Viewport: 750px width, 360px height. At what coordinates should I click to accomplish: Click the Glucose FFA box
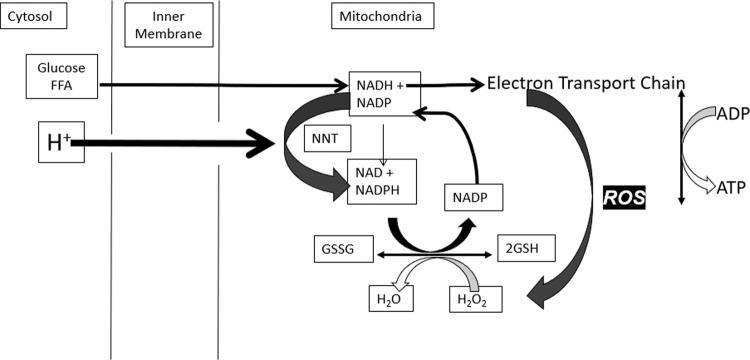pyautogui.click(x=60, y=77)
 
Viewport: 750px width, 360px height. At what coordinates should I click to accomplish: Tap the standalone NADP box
pyautogui.click(x=472, y=198)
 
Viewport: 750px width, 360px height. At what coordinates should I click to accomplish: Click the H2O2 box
pyautogui.click(x=470, y=298)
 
